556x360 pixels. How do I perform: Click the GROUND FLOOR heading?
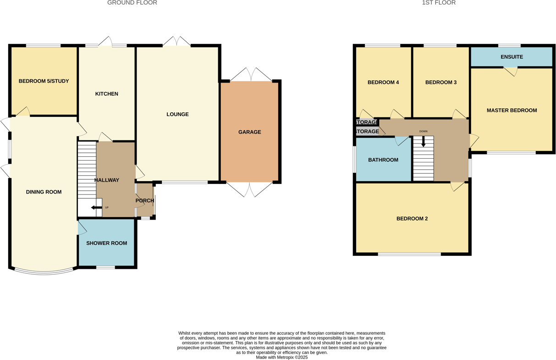pyautogui.click(x=132, y=3)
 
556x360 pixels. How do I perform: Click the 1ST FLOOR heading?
pyautogui.click(x=439, y=3)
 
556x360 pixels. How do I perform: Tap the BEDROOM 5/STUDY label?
pyautogui.click(x=44, y=81)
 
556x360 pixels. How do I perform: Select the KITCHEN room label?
pyautogui.click(x=106, y=94)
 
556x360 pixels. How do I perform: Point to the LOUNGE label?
pyautogui.click(x=177, y=114)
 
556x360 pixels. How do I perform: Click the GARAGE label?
pyautogui.click(x=249, y=132)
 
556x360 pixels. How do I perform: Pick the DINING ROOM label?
pyautogui.click(x=44, y=192)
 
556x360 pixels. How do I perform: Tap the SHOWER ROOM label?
pyautogui.click(x=106, y=243)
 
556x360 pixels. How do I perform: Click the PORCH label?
pyautogui.click(x=145, y=200)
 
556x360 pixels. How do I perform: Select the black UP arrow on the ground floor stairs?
pyautogui.click(x=96, y=208)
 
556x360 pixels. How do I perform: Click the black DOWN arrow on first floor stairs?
pyautogui.click(x=424, y=142)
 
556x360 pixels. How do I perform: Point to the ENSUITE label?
pyautogui.click(x=512, y=57)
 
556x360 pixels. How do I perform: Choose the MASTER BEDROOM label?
pyautogui.click(x=512, y=111)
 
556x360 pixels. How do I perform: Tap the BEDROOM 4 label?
pyautogui.click(x=383, y=83)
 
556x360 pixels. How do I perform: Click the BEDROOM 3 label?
pyautogui.click(x=440, y=83)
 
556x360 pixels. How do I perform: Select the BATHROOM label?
pyautogui.click(x=383, y=160)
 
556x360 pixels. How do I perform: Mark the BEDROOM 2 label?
pyautogui.click(x=412, y=219)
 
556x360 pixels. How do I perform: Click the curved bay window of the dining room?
pyautogui.click(x=44, y=272)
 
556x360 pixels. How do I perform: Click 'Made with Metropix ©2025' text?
pyautogui.click(x=281, y=357)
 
